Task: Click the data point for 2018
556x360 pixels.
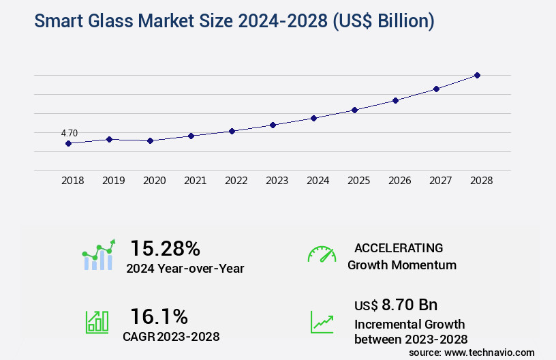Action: [x=68, y=143]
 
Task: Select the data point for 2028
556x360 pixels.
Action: [x=477, y=75]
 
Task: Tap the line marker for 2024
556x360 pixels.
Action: [x=313, y=118]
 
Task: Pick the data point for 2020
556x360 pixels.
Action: [x=150, y=140]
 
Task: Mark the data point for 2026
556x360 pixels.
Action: [x=395, y=100]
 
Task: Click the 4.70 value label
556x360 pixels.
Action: [x=69, y=133]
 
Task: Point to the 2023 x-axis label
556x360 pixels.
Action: [x=277, y=181]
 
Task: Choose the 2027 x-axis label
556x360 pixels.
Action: [x=440, y=181]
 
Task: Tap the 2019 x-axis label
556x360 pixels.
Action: [x=113, y=181]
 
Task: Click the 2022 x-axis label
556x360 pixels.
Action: [x=236, y=181]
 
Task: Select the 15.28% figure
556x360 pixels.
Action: [x=165, y=248]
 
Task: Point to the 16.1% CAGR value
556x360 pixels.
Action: [x=159, y=316]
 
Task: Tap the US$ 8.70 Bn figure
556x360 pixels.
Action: [x=396, y=304]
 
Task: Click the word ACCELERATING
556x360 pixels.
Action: [x=399, y=248]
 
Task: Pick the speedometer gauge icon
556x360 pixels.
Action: [x=322, y=254]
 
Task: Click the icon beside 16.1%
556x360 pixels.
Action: [x=97, y=322]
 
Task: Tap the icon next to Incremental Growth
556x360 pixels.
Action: [x=322, y=322]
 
